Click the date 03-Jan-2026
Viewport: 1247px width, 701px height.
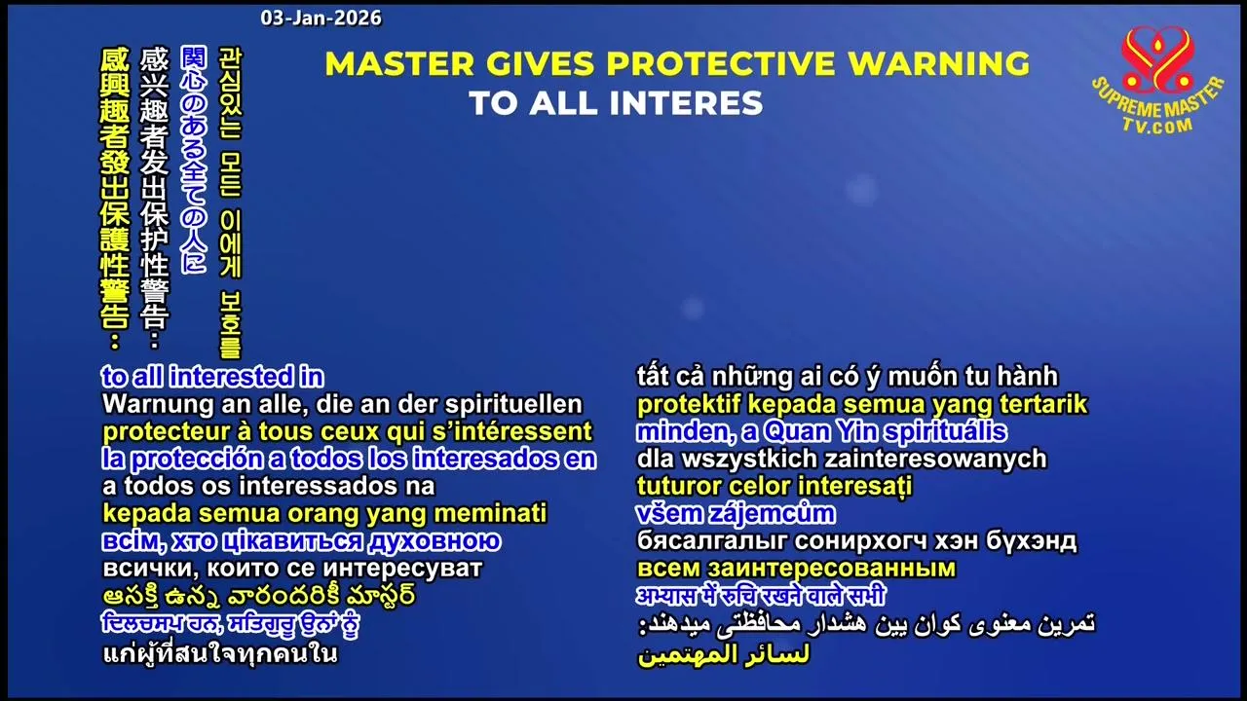(321, 18)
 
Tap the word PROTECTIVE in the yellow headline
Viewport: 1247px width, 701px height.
(721, 63)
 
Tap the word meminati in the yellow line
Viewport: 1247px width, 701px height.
(490, 513)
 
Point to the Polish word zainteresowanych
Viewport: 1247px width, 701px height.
(935, 460)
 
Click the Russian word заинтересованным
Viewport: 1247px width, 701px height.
(832, 569)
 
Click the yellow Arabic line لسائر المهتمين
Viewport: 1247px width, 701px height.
(723, 655)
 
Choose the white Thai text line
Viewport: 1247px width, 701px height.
(220, 652)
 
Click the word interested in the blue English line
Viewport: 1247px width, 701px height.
(231, 377)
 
